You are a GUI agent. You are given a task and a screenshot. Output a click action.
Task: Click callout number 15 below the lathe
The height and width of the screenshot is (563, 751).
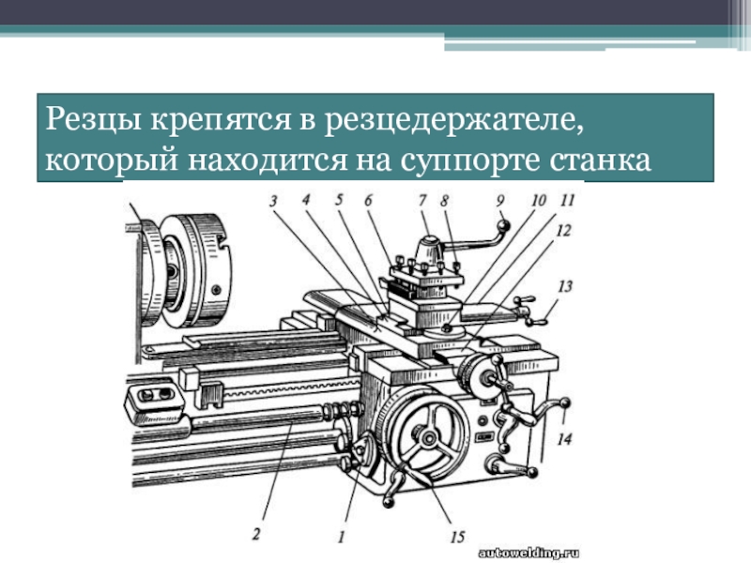(457, 537)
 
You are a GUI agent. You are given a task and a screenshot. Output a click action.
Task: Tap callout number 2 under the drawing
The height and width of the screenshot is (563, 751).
(256, 533)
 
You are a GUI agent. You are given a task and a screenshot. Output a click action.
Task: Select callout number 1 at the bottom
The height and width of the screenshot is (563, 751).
(341, 537)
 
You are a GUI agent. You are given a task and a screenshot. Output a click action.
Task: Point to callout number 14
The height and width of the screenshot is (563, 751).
(564, 438)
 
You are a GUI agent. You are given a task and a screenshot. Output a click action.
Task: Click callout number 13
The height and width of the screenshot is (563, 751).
(565, 286)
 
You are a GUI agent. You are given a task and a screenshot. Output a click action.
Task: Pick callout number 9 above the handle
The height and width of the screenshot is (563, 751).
(500, 200)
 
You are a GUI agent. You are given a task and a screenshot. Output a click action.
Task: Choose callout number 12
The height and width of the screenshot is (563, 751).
(564, 231)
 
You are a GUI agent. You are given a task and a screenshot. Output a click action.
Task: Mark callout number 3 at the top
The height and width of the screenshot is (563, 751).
(273, 201)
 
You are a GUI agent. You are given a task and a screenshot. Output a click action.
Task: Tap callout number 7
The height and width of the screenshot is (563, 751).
(422, 200)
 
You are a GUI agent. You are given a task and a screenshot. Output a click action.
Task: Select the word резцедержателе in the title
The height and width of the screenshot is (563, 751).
(453, 121)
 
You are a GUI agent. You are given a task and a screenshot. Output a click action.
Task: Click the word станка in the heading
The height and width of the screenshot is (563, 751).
(600, 160)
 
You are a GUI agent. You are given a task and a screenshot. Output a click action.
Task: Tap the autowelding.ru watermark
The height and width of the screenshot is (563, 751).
(529, 554)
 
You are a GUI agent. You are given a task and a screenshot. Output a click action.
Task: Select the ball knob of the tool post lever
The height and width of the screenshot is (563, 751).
(503, 224)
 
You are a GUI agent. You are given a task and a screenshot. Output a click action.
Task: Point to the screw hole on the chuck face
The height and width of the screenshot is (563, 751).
(217, 289)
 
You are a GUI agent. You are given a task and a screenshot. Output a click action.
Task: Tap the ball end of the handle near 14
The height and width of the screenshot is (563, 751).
(565, 403)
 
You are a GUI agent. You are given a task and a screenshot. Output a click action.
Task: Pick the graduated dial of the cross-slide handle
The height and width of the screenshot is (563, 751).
(468, 374)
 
